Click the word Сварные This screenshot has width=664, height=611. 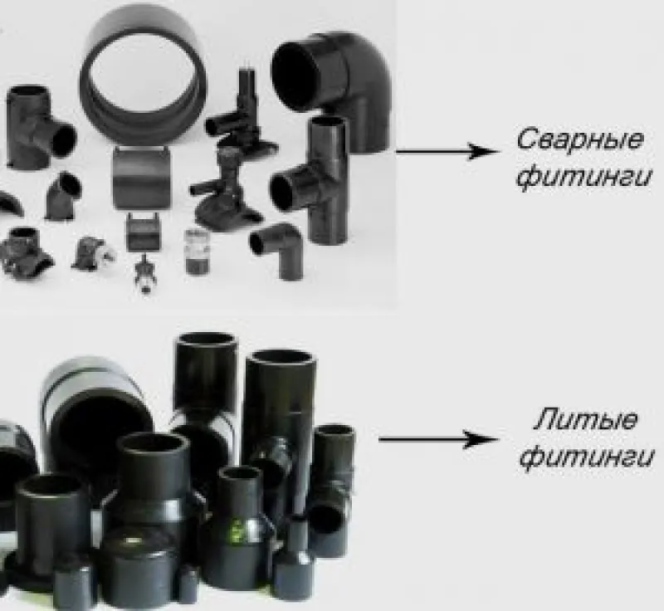point(580,139)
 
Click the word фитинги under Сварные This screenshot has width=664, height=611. point(583,177)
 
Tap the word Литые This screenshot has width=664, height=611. point(585,419)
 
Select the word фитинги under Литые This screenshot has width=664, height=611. point(586,457)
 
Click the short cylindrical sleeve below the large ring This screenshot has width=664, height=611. point(141,177)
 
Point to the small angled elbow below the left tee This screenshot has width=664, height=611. point(64,196)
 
